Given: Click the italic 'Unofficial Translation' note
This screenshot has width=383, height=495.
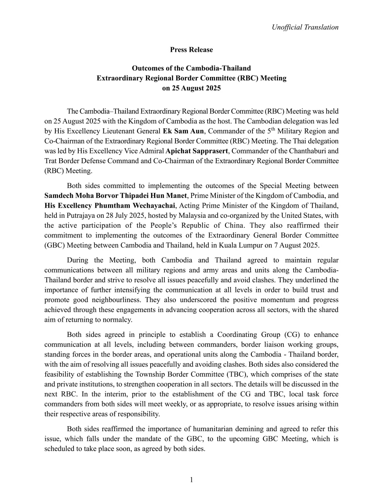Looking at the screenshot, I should click(x=305, y=27).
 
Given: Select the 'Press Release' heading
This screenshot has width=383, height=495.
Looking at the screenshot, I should click(x=191, y=49).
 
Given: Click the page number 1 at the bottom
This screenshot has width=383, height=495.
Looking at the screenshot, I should click(x=191, y=480).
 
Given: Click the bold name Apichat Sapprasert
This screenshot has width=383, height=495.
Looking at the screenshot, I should click(x=197, y=151).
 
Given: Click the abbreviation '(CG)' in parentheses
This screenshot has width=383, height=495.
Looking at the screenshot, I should click(x=290, y=335).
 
